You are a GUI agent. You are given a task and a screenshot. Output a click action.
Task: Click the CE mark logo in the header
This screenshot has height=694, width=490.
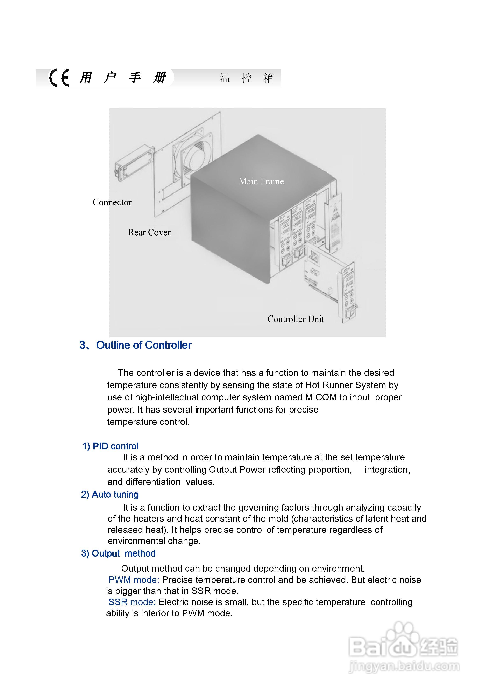pos(59,78)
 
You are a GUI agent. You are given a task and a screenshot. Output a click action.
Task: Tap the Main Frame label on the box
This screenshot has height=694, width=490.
pos(261,181)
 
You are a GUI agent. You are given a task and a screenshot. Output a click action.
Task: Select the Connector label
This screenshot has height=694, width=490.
pos(112,202)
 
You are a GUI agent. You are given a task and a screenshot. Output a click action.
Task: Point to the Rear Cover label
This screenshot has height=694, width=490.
pos(149,232)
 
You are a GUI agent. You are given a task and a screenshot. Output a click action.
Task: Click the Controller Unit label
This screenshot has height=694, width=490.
pos(296,319)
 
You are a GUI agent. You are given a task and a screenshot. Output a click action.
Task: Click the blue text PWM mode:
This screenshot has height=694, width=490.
pos(134,580)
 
